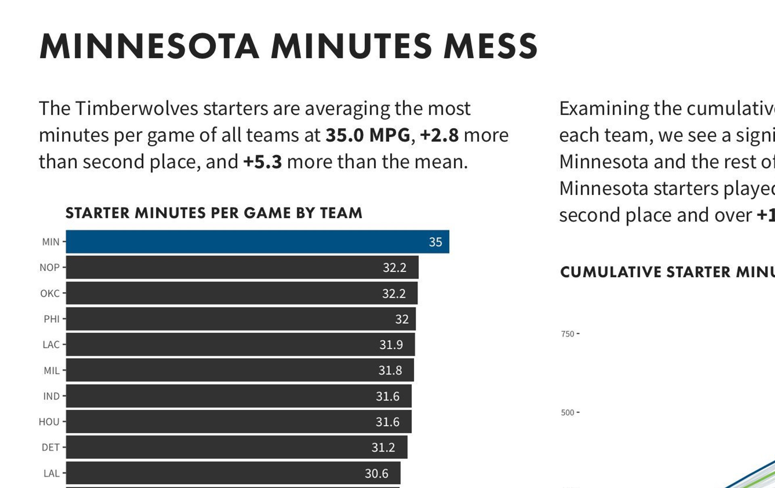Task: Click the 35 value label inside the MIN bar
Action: [x=435, y=242]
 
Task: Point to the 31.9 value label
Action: [x=391, y=345]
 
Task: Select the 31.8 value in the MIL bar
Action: [x=390, y=371]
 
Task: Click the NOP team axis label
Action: [x=50, y=268]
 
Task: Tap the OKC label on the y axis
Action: [x=50, y=293]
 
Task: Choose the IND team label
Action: [x=51, y=396]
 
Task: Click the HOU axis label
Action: [x=49, y=422]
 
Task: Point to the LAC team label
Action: [x=51, y=345]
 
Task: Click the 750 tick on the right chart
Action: [x=568, y=334]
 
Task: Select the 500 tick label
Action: [x=568, y=413]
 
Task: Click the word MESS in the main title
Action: [x=490, y=46]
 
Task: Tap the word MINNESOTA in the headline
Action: [x=149, y=46]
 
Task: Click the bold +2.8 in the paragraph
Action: [x=439, y=135]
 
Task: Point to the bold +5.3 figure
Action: [x=262, y=162]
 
